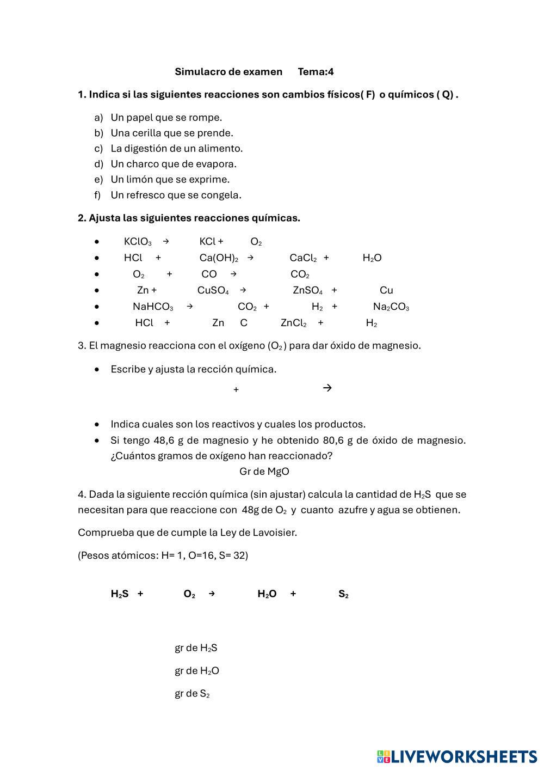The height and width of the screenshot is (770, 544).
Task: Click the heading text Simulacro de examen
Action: (228, 72)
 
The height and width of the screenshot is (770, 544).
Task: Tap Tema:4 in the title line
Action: (316, 72)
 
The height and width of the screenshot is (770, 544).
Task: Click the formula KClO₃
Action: (138, 242)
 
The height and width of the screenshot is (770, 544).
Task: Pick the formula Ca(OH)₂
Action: (219, 258)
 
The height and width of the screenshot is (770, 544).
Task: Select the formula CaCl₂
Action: (303, 258)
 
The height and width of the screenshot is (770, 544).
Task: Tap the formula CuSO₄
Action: (213, 291)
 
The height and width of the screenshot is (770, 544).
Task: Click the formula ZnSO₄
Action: (307, 291)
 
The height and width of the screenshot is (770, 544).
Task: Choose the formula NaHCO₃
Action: (153, 307)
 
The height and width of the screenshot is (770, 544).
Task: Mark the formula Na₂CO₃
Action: (391, 307)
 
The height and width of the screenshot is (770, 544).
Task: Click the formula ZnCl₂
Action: (293, 323)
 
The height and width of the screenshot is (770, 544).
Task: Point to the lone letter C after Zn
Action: (244, 323)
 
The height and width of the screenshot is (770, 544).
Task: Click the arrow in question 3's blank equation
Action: (327, 388)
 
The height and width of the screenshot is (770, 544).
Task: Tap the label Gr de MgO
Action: (264, 472)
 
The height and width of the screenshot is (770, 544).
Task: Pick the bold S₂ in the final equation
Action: (343, 594)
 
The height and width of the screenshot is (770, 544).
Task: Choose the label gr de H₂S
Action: (196, 648)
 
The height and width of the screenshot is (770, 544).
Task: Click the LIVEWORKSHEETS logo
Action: (457, 756)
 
